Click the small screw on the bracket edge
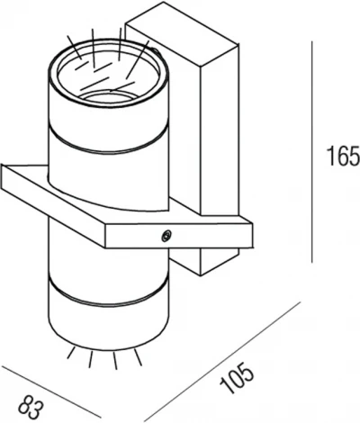click(164, 235)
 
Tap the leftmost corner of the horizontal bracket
click(4, 171)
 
